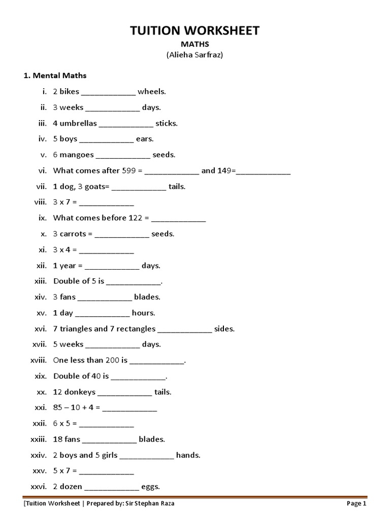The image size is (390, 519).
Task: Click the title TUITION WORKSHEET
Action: tap(195, 30)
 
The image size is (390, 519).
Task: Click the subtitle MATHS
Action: tap(195, 45)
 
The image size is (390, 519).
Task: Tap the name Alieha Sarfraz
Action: tap(195, 55)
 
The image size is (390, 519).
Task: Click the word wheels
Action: tap(152, 92)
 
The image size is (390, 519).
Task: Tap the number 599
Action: tap(129, 171)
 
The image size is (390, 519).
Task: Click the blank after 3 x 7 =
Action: tap(107, 203)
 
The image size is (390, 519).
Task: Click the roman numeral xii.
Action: tap(41, 266)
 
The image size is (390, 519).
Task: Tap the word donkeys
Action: tap(79, 392)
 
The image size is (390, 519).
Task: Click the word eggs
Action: tap(151, 487)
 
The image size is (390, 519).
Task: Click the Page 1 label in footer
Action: tap(356, 503)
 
